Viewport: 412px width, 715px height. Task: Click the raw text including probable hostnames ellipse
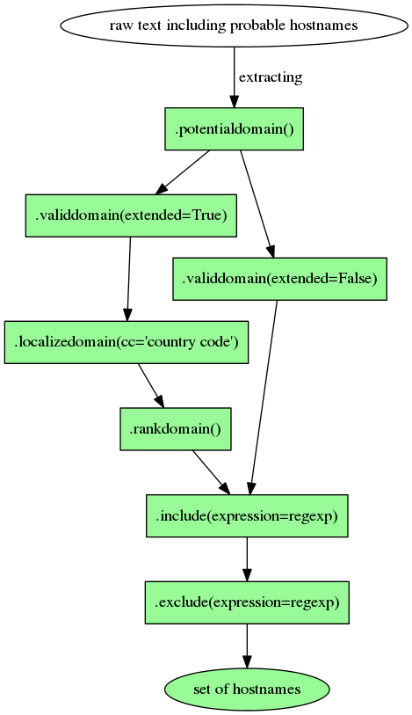pyautogui.click(x=234, y=26)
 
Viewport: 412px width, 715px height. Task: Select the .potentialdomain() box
pyautogui.click(x=234, y=129)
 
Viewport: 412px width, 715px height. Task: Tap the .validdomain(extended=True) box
pyautogui.click(x=131, y=215)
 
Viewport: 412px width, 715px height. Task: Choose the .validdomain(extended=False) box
pyautogui.click(x=279, y=280)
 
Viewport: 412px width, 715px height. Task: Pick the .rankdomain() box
pyautogui.click(x=175, y=429)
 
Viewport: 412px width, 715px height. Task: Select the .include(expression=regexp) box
pyautogui.click(x=247, y=515)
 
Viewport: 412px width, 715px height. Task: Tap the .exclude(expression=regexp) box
pyautogui.click(x=247, y=602)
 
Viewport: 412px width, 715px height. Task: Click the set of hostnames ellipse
pyautogui.click(x=247, y=689)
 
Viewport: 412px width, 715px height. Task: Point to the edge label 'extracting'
pyautogui.click(x=271, y=77)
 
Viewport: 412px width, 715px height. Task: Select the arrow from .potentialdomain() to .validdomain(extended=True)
pyautogui.click(x=184, y=172)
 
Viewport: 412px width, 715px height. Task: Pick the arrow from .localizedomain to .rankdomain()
pyautogui.click(x=151, y=385)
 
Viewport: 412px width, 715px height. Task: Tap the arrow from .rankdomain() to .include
pyautogui.click(x=211, y=472)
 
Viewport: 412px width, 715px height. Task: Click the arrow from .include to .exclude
pyautogui.click(x=247, y=558)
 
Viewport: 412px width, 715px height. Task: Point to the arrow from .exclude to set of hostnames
pyautogui.click(x=247, y=646)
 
